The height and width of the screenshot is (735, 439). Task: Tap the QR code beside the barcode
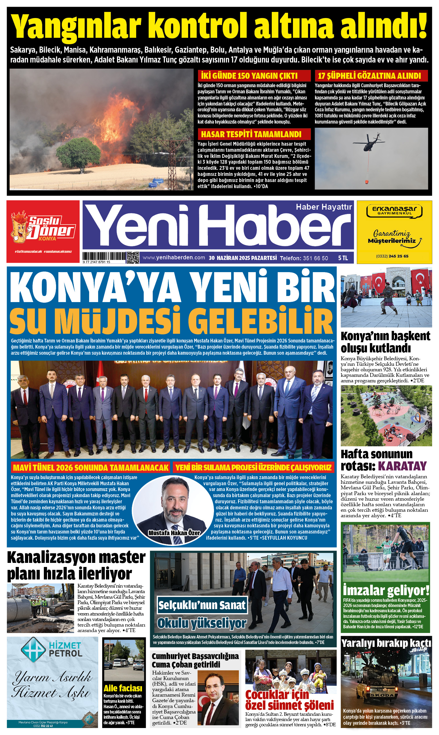(x=133, y=258)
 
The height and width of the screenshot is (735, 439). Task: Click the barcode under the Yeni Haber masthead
(x=105, y=256)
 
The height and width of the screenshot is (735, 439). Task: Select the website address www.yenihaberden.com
(x=174, y=258)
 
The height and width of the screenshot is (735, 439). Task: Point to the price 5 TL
(x=343, y=258)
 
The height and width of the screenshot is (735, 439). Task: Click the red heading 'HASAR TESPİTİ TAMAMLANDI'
(x=251, y=134)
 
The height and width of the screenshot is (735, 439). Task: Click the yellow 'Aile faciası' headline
(x=123, y=688)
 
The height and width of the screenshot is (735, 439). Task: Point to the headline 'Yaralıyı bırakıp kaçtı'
(x=386, y=643)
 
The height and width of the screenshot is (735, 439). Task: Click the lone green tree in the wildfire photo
(x=78, y=155)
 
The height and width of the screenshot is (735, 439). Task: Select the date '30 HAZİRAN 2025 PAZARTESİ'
(x=242, y=258)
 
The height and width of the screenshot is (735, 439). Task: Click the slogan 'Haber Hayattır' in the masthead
(x=324, y=207)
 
